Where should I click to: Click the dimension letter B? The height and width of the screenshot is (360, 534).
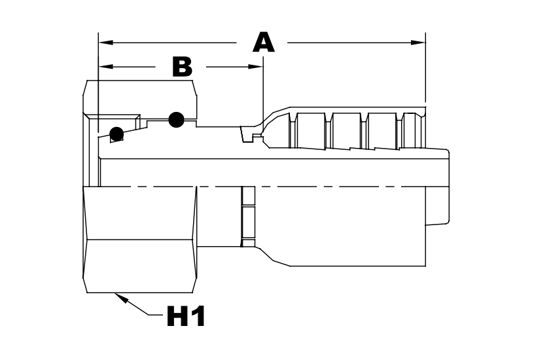click(182, 67)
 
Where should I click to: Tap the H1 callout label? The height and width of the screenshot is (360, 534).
click(187, 317)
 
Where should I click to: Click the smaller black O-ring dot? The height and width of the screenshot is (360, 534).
click(117, 134)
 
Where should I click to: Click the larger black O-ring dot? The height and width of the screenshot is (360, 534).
click(176, 119)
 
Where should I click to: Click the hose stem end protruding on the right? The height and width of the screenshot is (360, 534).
click(438, 206)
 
